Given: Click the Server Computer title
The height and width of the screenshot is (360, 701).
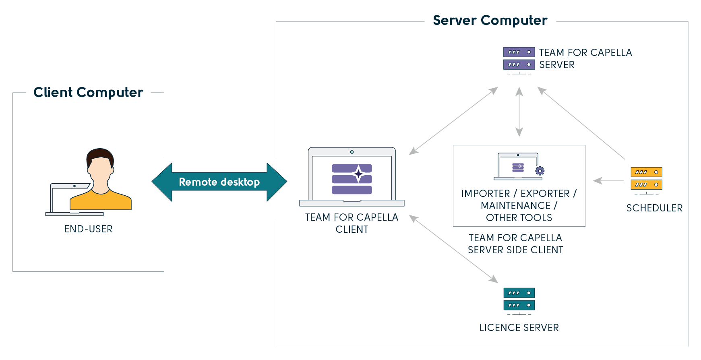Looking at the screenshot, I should tap(490, 21).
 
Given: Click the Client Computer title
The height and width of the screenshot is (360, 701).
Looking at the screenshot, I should tap(88, 92).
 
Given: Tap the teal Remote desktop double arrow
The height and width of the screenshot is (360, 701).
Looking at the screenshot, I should tap(219, 182).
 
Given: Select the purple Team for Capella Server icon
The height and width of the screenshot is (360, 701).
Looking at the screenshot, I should tap(519, 59).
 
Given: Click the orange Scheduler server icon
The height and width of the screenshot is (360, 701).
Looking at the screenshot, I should tap(646, 179).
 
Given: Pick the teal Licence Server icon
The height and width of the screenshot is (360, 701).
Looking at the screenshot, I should tap(519, 299).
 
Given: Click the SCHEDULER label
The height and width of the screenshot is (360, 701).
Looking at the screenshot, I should tap(654, 208).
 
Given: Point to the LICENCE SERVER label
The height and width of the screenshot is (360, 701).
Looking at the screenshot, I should tap(519, 328).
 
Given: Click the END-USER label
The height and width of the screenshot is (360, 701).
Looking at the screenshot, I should tap(89, 229).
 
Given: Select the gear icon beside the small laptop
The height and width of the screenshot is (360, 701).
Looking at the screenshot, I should tap(540, 171).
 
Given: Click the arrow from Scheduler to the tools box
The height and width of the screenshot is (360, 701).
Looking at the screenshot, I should tap(608, 181).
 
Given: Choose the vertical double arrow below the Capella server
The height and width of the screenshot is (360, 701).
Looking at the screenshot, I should tap(519, 112).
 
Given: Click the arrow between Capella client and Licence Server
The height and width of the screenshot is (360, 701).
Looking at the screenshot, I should tap(454, 249).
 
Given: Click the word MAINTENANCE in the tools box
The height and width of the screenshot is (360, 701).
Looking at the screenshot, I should tap(516, 206).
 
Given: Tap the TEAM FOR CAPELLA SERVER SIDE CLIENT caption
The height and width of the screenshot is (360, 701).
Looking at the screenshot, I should tap(515, 244).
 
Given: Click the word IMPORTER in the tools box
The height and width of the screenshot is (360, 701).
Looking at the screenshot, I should tap(485, 194).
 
